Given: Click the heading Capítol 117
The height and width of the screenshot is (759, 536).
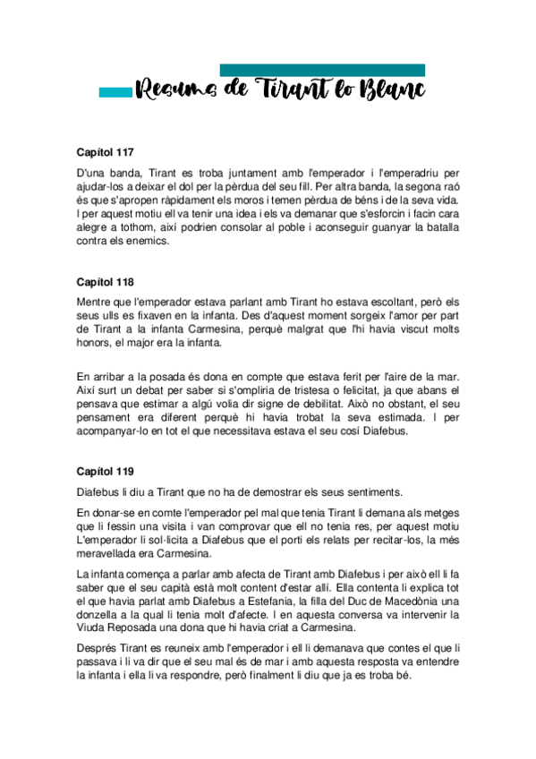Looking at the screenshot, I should (106, 152).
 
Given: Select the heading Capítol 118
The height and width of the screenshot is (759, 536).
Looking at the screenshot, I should (106, 281).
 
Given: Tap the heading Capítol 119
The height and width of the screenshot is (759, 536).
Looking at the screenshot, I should (106, 470).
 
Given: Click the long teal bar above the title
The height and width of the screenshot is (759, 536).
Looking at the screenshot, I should (322, 70).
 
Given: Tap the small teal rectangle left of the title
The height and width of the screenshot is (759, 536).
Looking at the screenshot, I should (115, 91).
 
